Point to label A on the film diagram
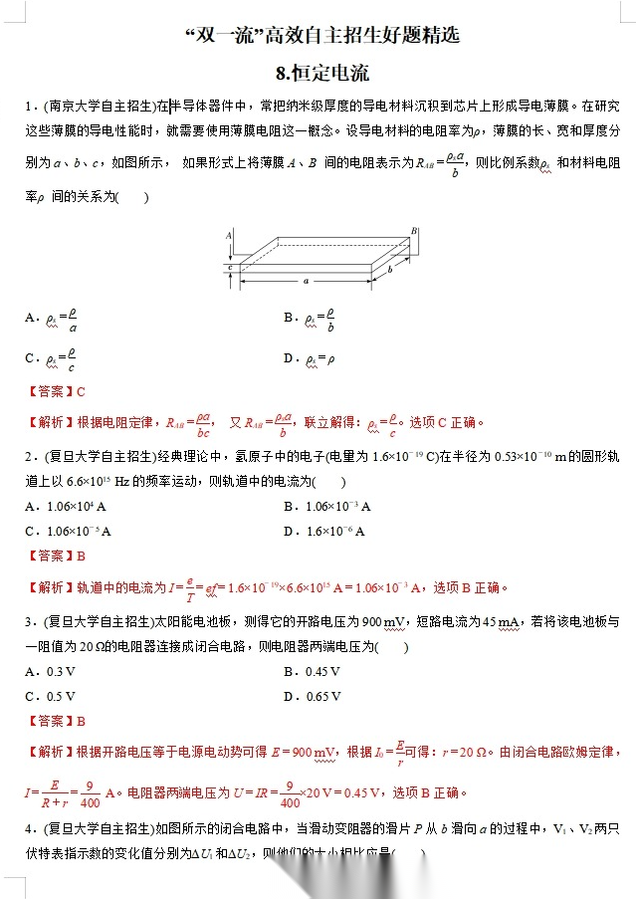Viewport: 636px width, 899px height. point(228,236)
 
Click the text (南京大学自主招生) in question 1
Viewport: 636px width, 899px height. point(101,105)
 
